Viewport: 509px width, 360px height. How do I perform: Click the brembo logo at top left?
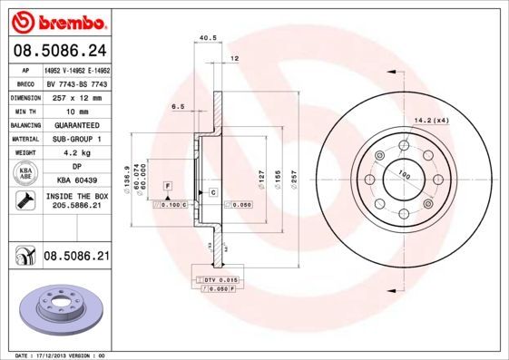click(56, 19)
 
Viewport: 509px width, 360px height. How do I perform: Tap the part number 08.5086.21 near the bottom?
click(77, 258)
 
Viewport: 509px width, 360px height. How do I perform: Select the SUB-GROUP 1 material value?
click(73, 139)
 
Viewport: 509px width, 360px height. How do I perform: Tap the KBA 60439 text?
click(77, 181)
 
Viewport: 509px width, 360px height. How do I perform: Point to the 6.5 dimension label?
click(178, 106)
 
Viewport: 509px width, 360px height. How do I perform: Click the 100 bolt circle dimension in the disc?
click(403, 175)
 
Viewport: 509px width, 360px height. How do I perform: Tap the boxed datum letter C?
click(212, 193)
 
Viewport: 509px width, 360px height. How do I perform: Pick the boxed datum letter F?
click(168, 186)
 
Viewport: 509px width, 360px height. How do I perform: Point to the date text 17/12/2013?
click(58, 355)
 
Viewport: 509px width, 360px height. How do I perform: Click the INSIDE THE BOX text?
click(77, 198)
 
